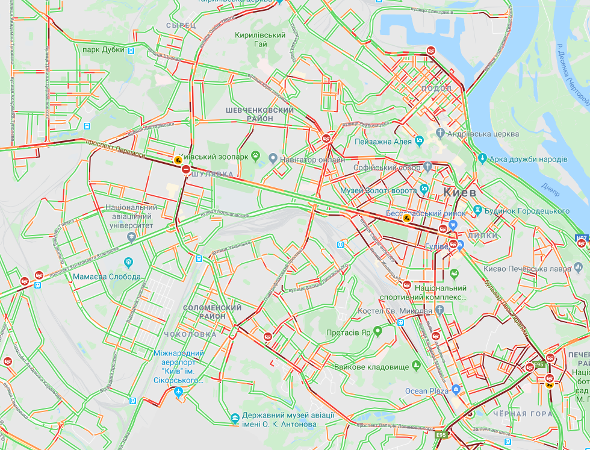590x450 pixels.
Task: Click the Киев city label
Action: pyautogui.click(x=459, y=193)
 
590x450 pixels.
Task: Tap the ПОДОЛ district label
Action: pyautogui.click(x=438, y=88)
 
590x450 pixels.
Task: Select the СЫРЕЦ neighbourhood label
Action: pyautogui.click(x=181, y=25)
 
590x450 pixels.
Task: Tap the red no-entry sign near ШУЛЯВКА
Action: pyautogui.click(x=187, y=170)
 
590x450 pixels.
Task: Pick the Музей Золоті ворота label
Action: pyautogui.click(x=379, y=190)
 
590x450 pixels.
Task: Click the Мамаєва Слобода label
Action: pyautogui.click(x=107, y=277)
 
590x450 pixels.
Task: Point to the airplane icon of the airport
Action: pyautogui.click(x=178, y=392)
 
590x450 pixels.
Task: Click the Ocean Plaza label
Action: pyautogui.click(x=426, y=391)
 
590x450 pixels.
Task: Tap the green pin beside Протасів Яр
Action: pyautogui.click(x=377, y=331)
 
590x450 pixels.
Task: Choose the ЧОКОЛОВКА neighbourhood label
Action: pyautogui.click(x=190, y=334)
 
